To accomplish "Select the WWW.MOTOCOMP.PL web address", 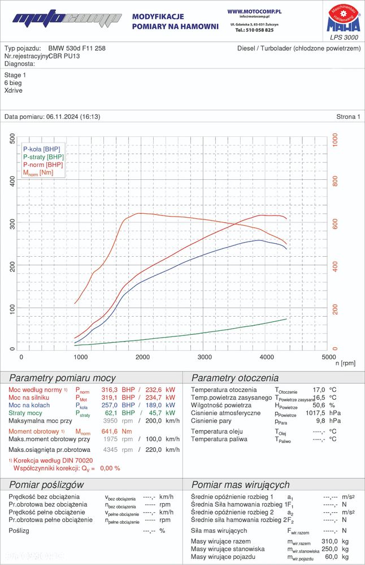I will tap(254, 11).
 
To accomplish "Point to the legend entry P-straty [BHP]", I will tap(44, 157).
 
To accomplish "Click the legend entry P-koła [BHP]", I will tap(41, 149).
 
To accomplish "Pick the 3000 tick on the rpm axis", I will tap(205, 357).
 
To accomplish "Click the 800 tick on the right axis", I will tap(334, 181).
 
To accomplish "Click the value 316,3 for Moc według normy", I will tap(111, 390).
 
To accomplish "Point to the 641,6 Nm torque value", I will tap(111, 432).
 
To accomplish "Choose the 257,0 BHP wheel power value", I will tap(111, 406).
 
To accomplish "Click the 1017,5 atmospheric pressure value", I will tap(314, 413).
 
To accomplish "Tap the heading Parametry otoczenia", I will tap(235, 378).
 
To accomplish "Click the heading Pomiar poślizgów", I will tap(46, 484).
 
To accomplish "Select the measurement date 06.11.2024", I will tap(63, 117).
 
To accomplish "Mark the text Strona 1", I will tap(347, 117).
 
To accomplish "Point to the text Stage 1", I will tap(15, 75).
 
